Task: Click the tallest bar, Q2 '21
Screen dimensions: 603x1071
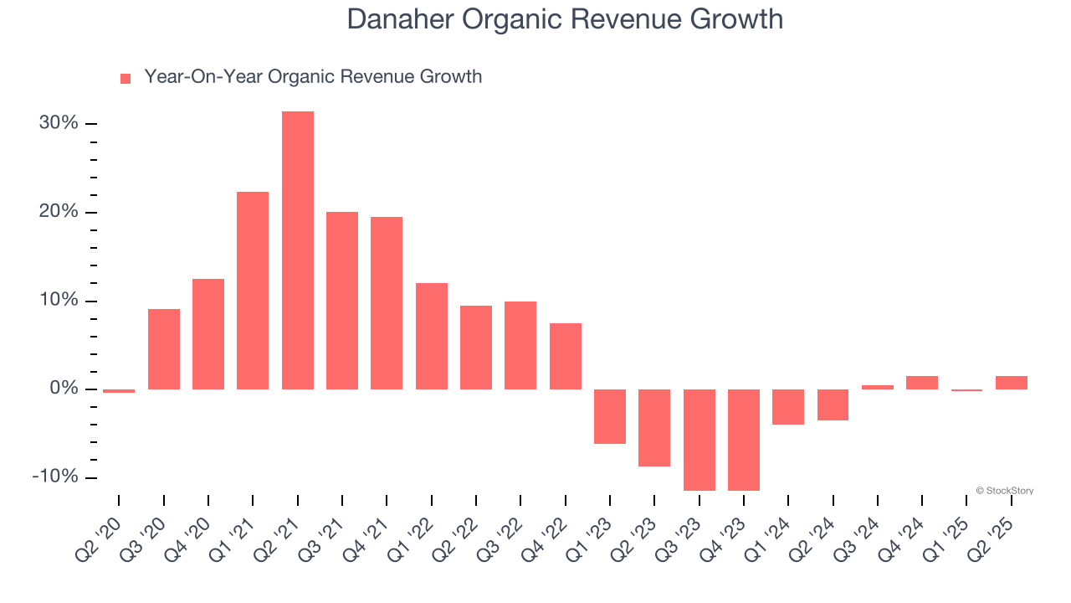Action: (x=298, y=250)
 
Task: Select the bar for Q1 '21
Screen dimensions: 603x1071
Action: (x=253, y=291)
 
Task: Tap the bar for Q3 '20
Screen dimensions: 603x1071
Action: (x=164, y=349)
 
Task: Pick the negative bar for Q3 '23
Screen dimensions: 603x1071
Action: (x=699, y=440)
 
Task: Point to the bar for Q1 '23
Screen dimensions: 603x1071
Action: (x=610, y=416)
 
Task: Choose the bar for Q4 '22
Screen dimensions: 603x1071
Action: (x=566, y=356)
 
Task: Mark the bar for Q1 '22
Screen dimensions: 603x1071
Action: (x=432, y=336)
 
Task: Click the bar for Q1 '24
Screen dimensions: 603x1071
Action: (x=788, y=407)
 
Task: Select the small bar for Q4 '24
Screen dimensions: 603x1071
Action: (x=922, y=383)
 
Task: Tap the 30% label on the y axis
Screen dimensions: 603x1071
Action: (x=59, y=123)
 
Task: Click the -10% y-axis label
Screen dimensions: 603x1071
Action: (x=55, y=477)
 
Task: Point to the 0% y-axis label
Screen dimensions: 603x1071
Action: (x=64, y=389)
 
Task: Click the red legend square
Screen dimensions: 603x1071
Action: (x=126, y=79)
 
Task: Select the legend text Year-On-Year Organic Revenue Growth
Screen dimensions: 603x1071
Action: (x=313, y=77)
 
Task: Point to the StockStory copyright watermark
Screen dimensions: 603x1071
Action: (x=1005, y=491)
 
